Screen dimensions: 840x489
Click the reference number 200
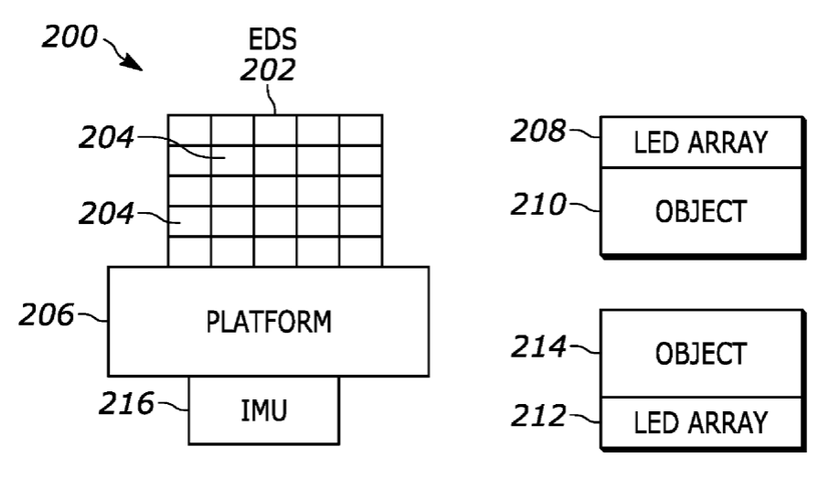pyautogui.click(x=70, y=37)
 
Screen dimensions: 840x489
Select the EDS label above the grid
pyautogui.click(x=272, y=39)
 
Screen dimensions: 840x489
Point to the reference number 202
pyautogui.click(x=268, y=69)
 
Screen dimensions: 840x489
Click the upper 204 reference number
pyautogui.click(x=106, y=137)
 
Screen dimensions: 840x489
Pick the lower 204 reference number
pyautogui.click(x=106, y=213)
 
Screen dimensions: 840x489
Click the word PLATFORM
pyautogui.click(x=269, y=322)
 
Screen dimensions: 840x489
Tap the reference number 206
pyautogui.click(x=47, y=314)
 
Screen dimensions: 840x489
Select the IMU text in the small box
pyautogui.click(x=263, y=410)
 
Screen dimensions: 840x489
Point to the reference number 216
pyautogui.click(x=126, y=403)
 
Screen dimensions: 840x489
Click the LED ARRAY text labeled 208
pyautogui.click(x=701, y=143)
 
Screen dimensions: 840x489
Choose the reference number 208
pyautogui.click(x=538, y=131)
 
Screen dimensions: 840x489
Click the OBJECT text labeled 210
pyautogui.click(x=701, y=211)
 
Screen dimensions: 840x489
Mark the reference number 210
pyautogui.click(x=538, y=204)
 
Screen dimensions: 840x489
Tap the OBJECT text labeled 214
pyautogui.click(x=701, y=354)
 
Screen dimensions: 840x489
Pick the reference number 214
pyautogui.click(x=538, y=346)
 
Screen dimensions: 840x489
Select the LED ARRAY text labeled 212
pyautogui.click(x=701, y=422)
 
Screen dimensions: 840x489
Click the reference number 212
pyautogui.click(x=538, y=416)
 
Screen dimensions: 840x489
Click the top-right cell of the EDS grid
pyautogui.click(x=361, y=130)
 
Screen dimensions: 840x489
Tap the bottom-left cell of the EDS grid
pyautogui.click(x=189, y=251)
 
